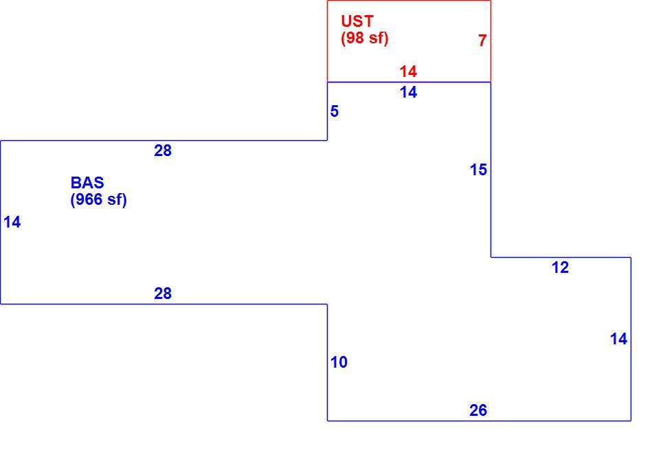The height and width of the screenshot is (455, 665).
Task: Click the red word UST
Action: click(x=357, y=21)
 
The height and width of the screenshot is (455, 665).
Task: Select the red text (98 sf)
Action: click(x=365, y=38)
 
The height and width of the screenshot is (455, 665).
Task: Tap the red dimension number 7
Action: click(x=482, y=41)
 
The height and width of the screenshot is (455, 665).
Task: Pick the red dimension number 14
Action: click(x=409, y=71)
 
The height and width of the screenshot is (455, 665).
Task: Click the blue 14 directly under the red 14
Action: click(x=409, y=92)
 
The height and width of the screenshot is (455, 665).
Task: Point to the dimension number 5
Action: click(x=335, y=111)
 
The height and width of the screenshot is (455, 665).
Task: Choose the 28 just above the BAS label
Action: click(x=163, y=151)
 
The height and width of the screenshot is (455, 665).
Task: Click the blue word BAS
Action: click(x=87, y=183)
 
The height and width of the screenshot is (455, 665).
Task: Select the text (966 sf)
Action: click(x=99, y=199)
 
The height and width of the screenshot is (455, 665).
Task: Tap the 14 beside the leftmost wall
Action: click(x=12, y=222)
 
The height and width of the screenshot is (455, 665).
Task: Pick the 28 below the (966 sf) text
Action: click(x=163, y=293)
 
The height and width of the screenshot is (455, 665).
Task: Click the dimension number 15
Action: click(x=478, y=170)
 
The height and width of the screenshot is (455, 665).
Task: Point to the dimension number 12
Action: click(x=561, y=267)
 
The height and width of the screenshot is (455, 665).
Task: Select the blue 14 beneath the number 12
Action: click(x=619, y=339)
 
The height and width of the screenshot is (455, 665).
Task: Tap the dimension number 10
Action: click(x=339, y=362)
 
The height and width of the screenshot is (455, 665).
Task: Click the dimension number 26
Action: click(x=478, y=410)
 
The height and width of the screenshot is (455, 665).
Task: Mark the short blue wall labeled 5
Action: click(x=328, y=111)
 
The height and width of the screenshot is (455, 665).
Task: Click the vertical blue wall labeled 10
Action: click(x=328, y=362)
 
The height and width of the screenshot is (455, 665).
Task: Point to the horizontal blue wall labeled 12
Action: click(x=561, y=257)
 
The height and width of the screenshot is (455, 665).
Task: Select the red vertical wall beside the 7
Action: click(x=491, y=41)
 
